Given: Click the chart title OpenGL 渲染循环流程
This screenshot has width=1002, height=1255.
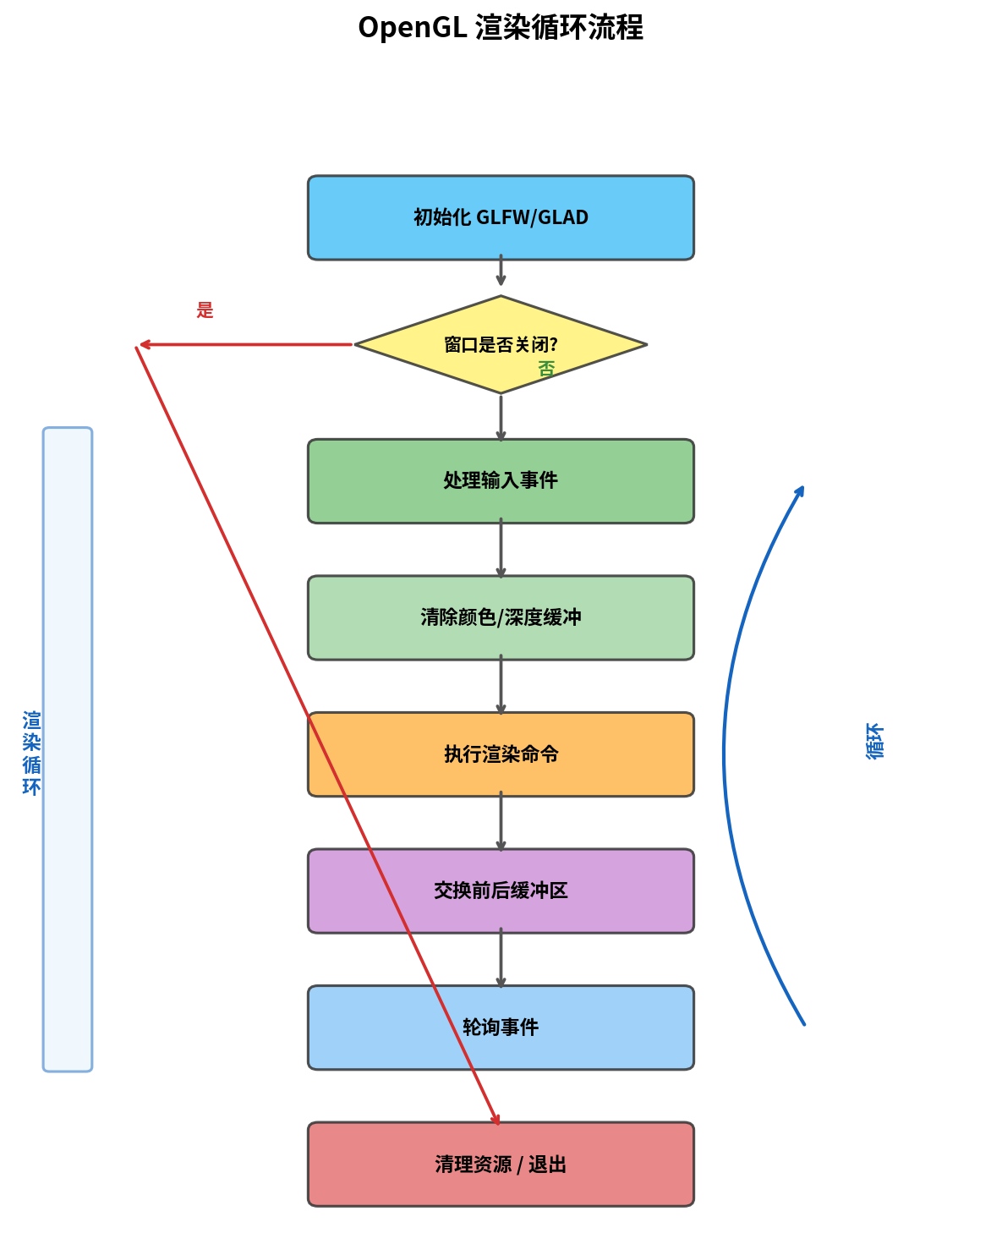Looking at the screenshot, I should [501, 28].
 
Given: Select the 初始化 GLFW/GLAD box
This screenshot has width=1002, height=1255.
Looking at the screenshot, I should [501, 217].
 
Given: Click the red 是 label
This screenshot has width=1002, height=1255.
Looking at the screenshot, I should [205, 310].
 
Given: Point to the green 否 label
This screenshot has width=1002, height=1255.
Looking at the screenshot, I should [547, 370].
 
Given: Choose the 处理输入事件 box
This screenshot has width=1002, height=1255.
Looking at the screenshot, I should [501, 480].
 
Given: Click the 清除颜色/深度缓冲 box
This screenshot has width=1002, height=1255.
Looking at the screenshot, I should [501, 617].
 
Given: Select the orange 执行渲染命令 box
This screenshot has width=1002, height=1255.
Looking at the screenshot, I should [501, 754].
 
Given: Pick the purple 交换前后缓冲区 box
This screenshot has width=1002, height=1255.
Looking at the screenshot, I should [501, 891].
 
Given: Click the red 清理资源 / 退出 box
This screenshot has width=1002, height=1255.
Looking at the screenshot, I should [501, 1165].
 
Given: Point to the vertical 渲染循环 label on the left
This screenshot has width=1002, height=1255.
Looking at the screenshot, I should [32, 754].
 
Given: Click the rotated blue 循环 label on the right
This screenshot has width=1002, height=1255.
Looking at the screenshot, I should [874, 742].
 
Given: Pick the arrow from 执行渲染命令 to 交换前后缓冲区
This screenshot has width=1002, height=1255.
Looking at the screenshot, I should [501, 823].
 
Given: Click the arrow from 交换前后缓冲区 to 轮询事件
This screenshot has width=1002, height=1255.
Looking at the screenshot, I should [501, 959].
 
